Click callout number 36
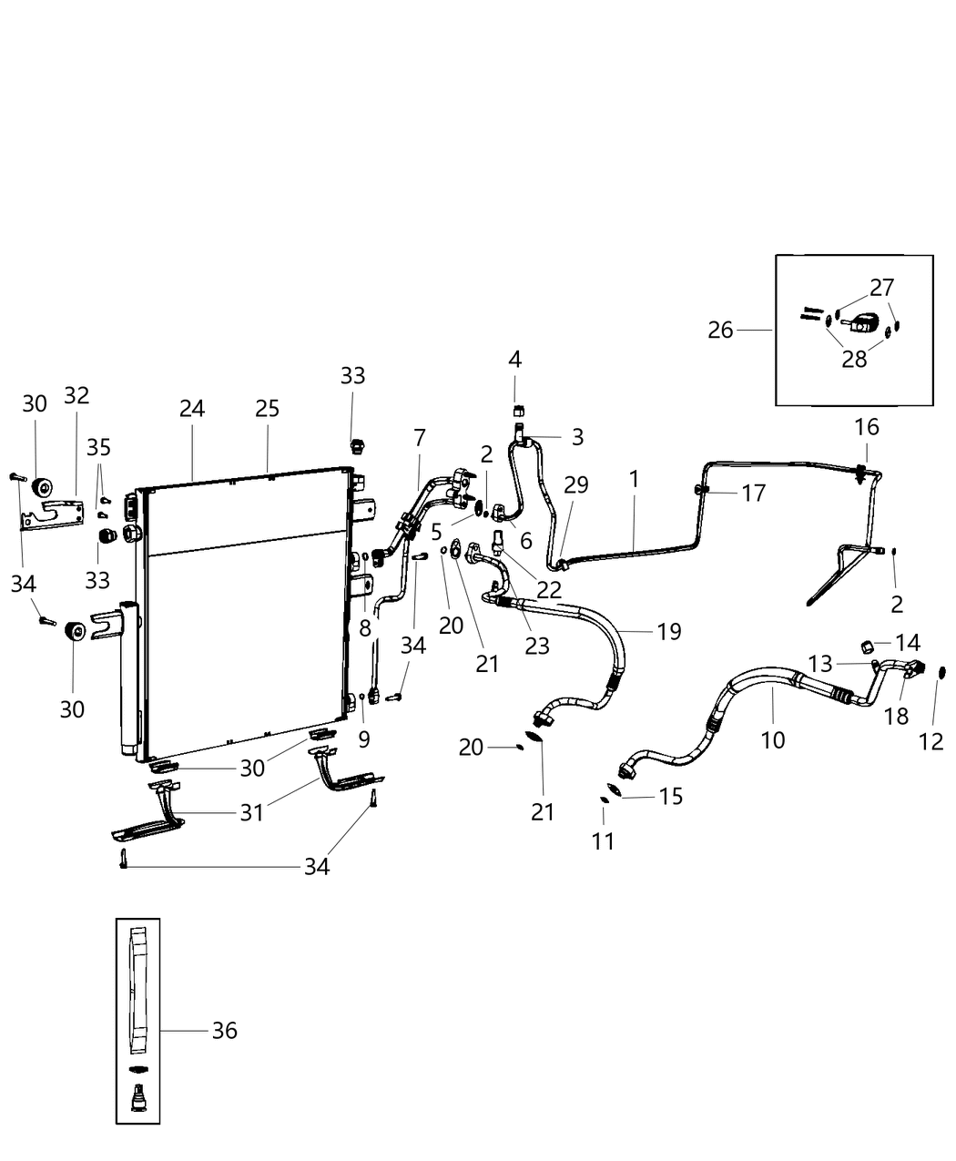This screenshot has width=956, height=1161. (224, 1030)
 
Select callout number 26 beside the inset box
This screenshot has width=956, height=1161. (720, 330)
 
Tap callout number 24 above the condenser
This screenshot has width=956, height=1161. (192, 409)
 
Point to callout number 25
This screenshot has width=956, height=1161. (267, 409)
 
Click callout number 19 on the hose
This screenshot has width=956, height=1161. (669, 631)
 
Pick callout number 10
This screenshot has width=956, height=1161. (772, 739)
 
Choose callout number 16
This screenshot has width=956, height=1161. (866, 426)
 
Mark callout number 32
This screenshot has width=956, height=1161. (76, 395)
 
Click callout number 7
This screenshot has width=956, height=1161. (419, 438)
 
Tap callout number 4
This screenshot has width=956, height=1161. (514, 360)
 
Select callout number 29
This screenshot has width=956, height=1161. (575, 485)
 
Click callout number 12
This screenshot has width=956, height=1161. (931, 742)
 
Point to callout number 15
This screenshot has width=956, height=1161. (670, 796)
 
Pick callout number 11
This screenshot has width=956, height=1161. (603, 840)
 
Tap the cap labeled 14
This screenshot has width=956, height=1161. (868, 647)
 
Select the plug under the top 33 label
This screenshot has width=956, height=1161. (357, 446)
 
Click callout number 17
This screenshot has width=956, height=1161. (753, 493)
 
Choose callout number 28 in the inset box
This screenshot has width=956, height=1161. (854, 359)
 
